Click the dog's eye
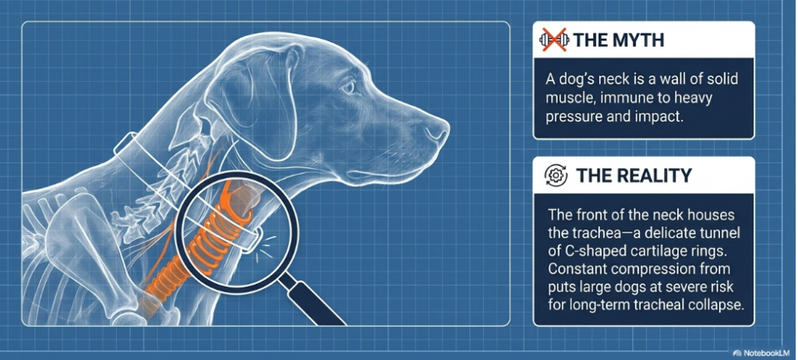click(348, 87)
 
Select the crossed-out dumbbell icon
click(553, 40)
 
